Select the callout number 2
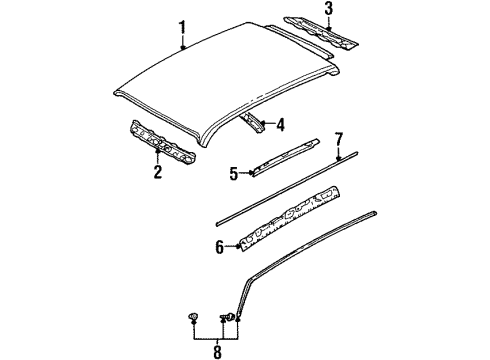click(158, 171)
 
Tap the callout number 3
click(329, 8)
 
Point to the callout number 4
click(281, 125)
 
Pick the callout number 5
click(234, 173)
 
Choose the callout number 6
click(219, 247)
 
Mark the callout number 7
click(339, 139)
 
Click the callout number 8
click(217, 352)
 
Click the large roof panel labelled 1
click(227, 83)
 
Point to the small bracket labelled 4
click(254, 122)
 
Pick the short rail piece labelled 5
click(285, 157)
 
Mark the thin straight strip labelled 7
click(287, 189)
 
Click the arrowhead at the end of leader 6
click(238, 247)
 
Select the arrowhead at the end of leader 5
click(252, 173)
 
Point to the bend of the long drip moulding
click(251, 277)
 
